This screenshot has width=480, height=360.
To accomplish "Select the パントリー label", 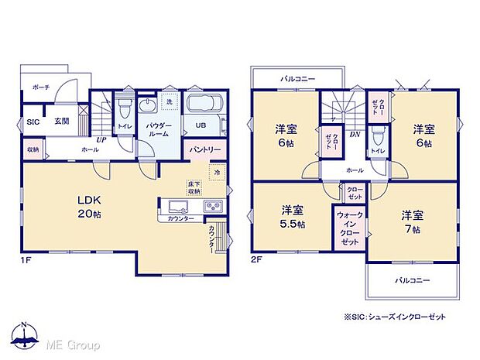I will click(x=205, y=149).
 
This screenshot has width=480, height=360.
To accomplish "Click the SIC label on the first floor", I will click(x=34, y=122).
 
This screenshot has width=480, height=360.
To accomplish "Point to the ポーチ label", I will click(x=41, y=88).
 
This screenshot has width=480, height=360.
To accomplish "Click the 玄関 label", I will click(x=63, y=122).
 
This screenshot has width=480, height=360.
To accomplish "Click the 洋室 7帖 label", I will click(x=411, y=221).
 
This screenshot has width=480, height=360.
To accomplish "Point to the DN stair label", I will click(x=354, y=135).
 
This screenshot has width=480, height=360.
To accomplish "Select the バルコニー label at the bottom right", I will click(x=412, y=279).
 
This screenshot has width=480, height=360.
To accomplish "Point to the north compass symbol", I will click(x=26, y=336).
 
